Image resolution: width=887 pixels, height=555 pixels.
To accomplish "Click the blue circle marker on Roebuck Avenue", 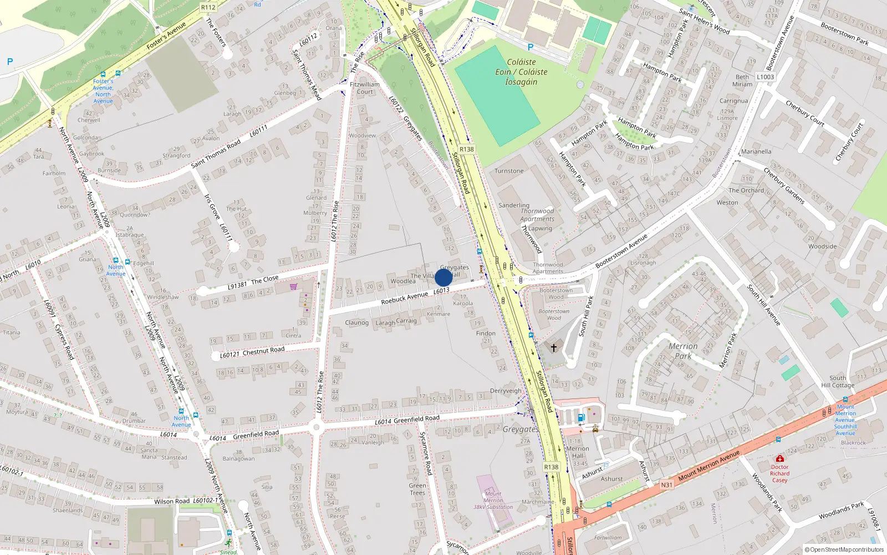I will tap(443, 277).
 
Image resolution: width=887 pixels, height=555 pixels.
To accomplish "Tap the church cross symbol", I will tap(553, 348).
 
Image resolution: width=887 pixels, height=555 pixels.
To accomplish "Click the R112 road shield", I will tap(208, 7).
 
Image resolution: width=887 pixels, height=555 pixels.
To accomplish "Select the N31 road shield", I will tap(666, 485).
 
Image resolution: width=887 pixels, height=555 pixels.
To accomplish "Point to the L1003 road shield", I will tap(765, 77).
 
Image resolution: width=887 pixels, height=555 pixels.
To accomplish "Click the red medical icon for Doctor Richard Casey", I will tap(780, 459).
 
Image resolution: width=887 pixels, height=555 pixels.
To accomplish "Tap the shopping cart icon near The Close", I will tap(293, 286).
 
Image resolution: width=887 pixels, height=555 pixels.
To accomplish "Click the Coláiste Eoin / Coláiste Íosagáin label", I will tap(521, 72).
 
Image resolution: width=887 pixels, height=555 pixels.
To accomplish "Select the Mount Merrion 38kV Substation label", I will tap(493, 500).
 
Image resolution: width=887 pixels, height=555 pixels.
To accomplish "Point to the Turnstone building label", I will tap(509, 171).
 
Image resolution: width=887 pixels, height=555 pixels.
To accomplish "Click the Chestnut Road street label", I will tap(263, 351).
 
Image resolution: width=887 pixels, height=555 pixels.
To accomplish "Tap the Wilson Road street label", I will tap(172, 501).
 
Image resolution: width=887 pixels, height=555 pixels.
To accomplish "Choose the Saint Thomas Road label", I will tap(216, 154).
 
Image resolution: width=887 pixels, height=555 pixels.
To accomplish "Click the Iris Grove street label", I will tap(212, 206).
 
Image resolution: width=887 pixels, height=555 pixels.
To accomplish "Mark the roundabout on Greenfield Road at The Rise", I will tap(317, 427).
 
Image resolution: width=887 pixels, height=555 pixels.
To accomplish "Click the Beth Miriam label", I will tap(742, 80).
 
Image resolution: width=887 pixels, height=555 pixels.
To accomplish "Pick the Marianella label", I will tap(756, 152).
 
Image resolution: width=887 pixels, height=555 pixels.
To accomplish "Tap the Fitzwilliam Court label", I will tap(365, 88).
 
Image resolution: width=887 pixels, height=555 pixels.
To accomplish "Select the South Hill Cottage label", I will tap(838, 381).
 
